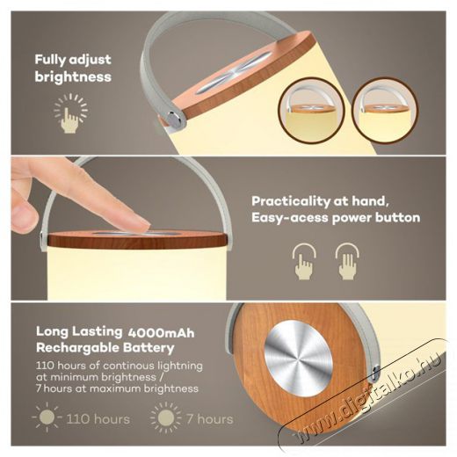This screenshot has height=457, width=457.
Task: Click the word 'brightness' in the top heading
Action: click(x=73, y=76)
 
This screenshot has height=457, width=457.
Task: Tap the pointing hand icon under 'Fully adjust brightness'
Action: click(x=69, y=120)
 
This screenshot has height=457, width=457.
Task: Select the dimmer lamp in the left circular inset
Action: click(x=311, y=110)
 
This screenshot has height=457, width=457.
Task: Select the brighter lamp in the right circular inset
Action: click(x=385, y=110)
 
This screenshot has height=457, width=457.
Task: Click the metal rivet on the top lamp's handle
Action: click(x=175, y=119)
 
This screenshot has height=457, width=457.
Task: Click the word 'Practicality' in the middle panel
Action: click(x=291, y=202)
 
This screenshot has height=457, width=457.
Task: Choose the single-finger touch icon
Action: click(x=304, y=261)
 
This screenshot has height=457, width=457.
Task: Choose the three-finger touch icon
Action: click(x=347, y=261)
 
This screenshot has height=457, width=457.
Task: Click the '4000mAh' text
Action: click(x=161, y=333)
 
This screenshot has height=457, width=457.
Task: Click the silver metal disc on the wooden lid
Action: click(x=298, y=358)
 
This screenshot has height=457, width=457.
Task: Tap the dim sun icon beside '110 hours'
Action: click(x=47, y=417)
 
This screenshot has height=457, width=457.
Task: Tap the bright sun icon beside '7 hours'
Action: click(x=166, y=417)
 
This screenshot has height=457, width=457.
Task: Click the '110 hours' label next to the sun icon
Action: click(x=98, y=419)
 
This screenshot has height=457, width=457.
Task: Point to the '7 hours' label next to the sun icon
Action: click(x=210, y=419)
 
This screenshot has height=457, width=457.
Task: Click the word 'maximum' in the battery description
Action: click(x=116, y=388)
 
